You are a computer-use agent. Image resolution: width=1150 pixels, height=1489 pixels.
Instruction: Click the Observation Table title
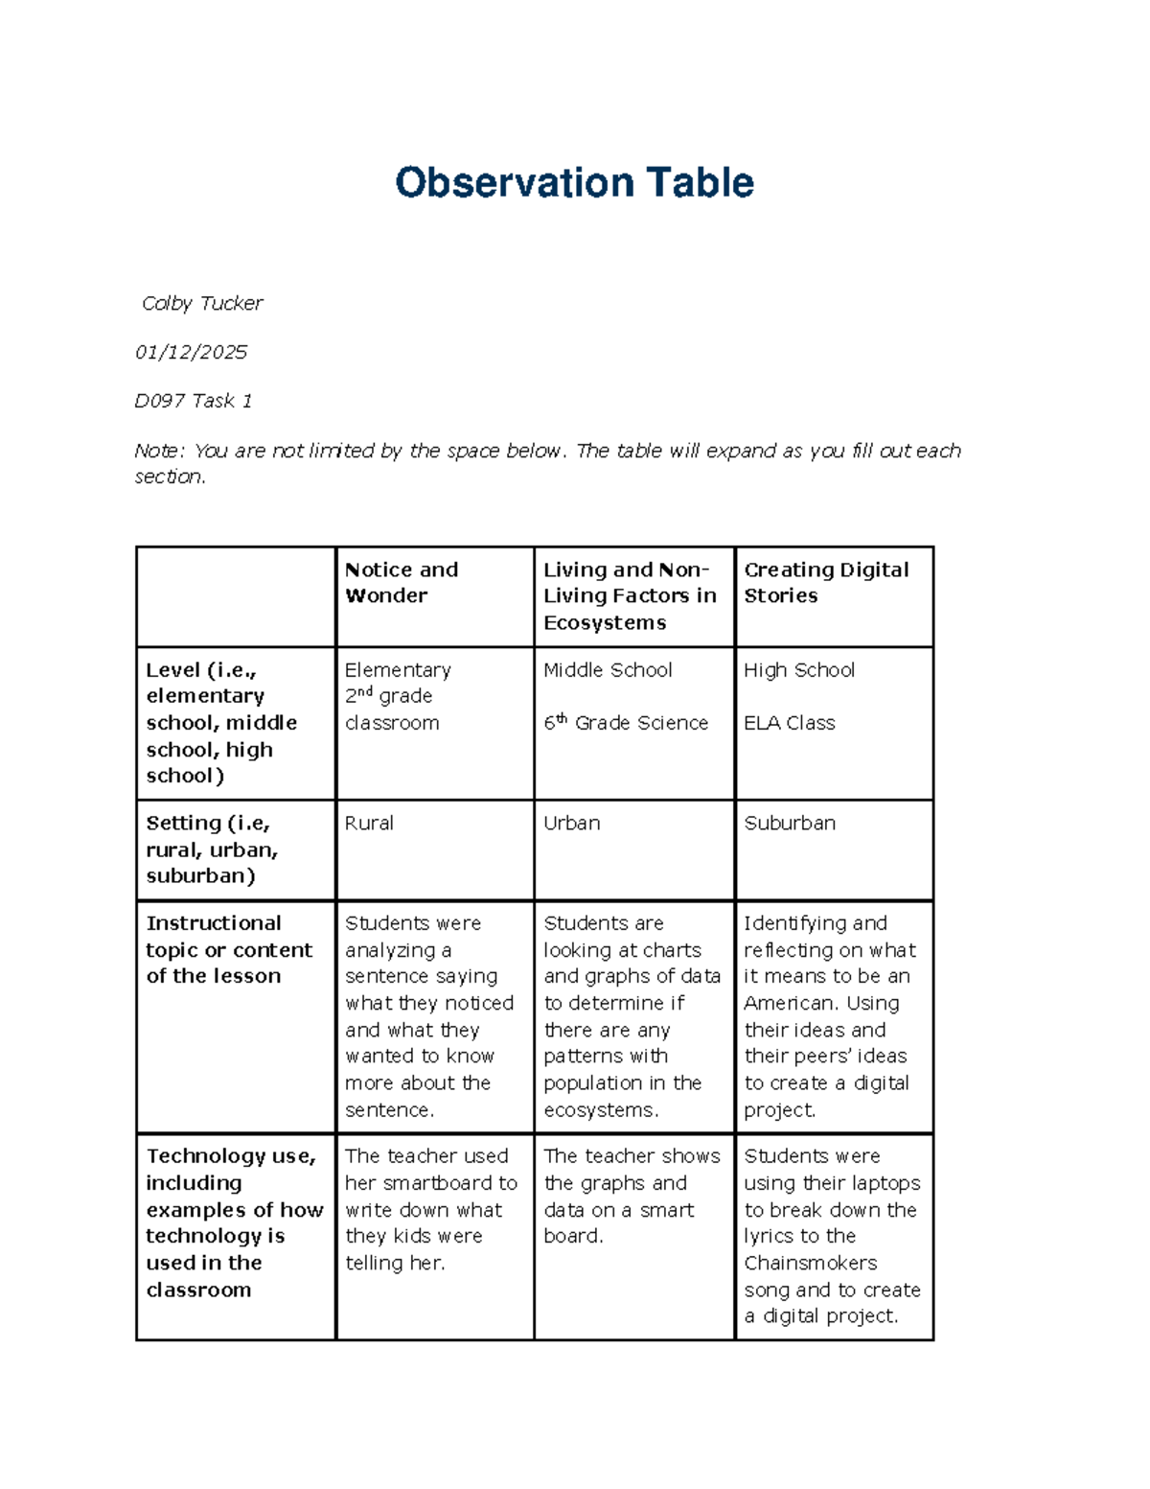574,182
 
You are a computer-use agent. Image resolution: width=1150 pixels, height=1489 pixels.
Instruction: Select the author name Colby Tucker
202,303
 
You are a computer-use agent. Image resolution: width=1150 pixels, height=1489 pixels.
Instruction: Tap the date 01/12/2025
191,352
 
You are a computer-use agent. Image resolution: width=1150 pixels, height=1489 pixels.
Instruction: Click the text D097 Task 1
193,401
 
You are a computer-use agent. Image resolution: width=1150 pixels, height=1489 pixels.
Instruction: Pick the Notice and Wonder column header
402,582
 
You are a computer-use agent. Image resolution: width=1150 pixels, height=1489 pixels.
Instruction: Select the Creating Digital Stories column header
826,582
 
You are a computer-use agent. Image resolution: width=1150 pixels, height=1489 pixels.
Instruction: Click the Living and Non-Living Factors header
630,595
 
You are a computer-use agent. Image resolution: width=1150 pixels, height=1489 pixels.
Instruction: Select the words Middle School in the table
608,669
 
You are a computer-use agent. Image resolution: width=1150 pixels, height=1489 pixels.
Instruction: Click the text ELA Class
790,723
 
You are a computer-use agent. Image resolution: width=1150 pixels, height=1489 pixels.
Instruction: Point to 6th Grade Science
626,723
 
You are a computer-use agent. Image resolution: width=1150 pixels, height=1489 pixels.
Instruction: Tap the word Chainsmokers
811,1263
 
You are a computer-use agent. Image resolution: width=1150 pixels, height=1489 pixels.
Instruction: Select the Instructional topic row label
229,949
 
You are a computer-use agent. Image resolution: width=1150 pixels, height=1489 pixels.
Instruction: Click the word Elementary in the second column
398,669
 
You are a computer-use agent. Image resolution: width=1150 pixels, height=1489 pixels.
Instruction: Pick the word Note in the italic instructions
156,451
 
